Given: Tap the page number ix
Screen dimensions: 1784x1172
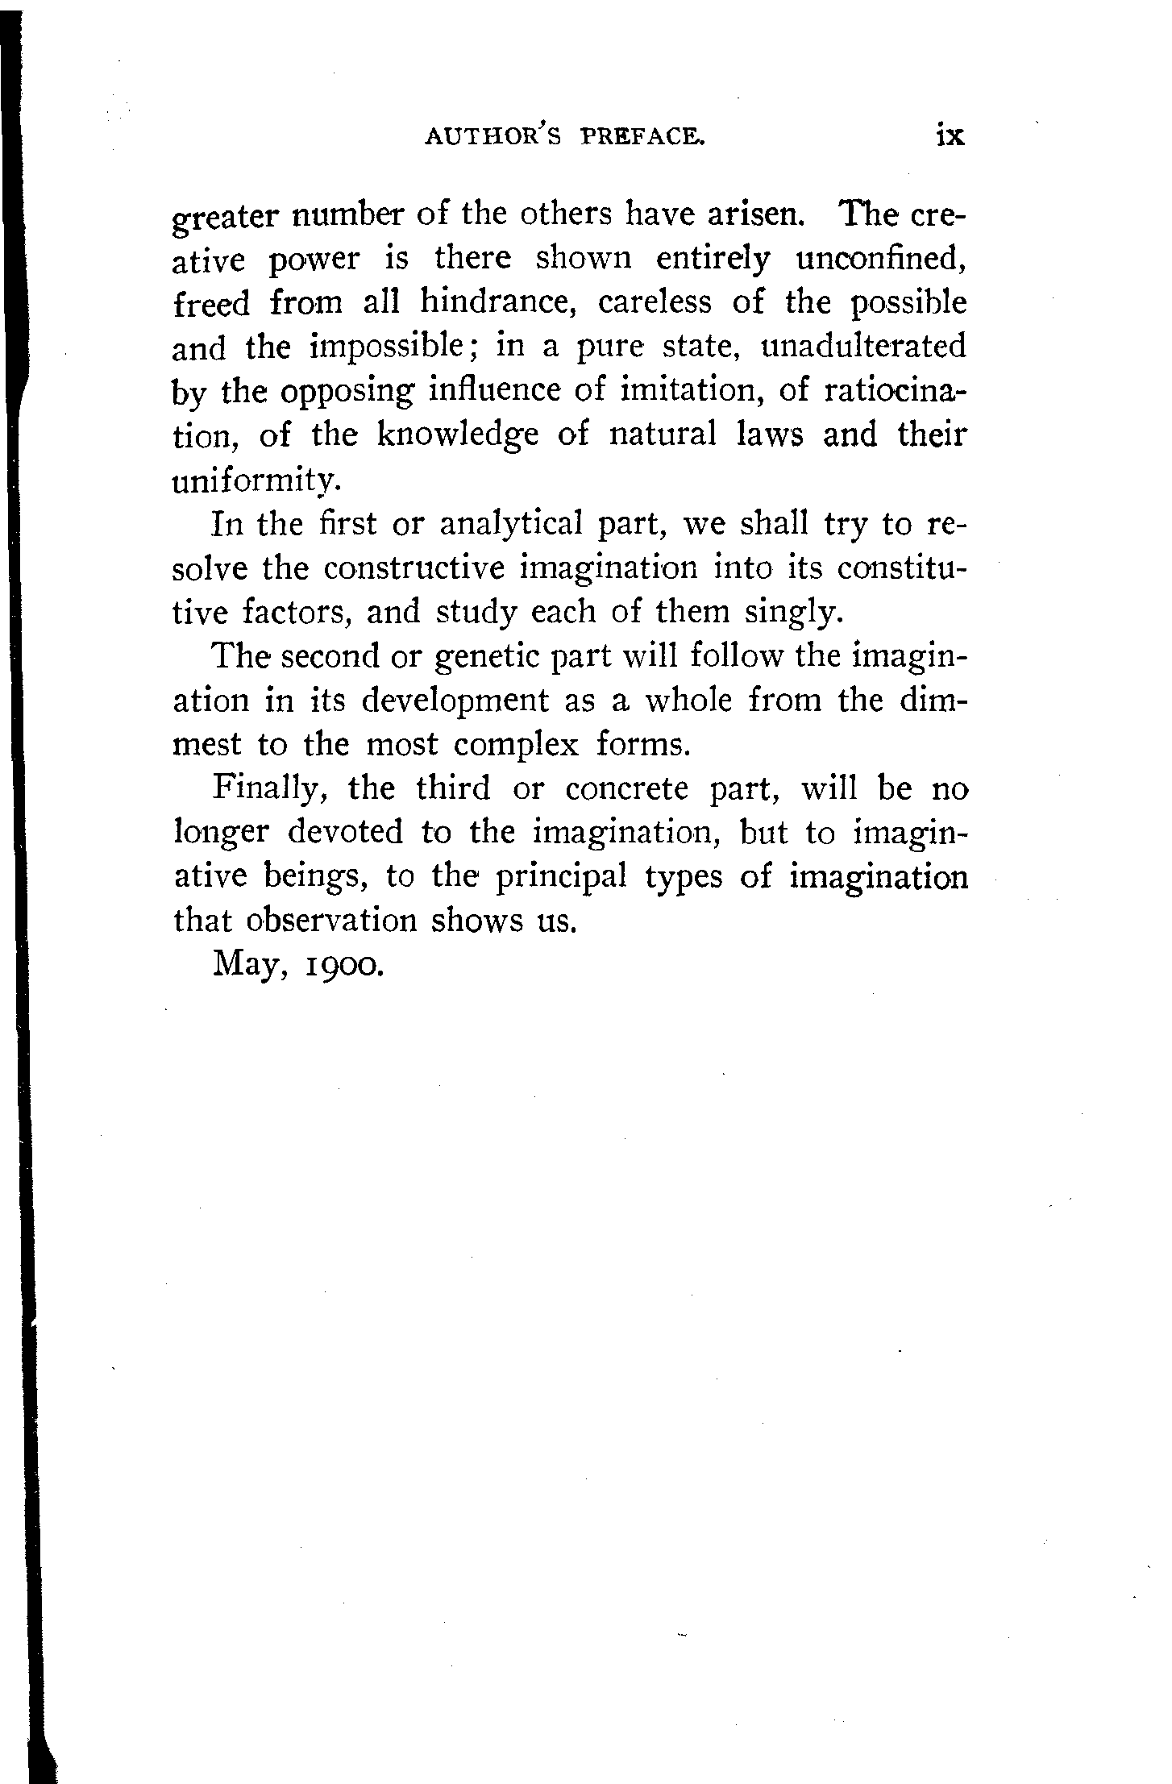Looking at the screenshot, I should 950,135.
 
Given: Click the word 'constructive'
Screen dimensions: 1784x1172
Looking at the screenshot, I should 414,568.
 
